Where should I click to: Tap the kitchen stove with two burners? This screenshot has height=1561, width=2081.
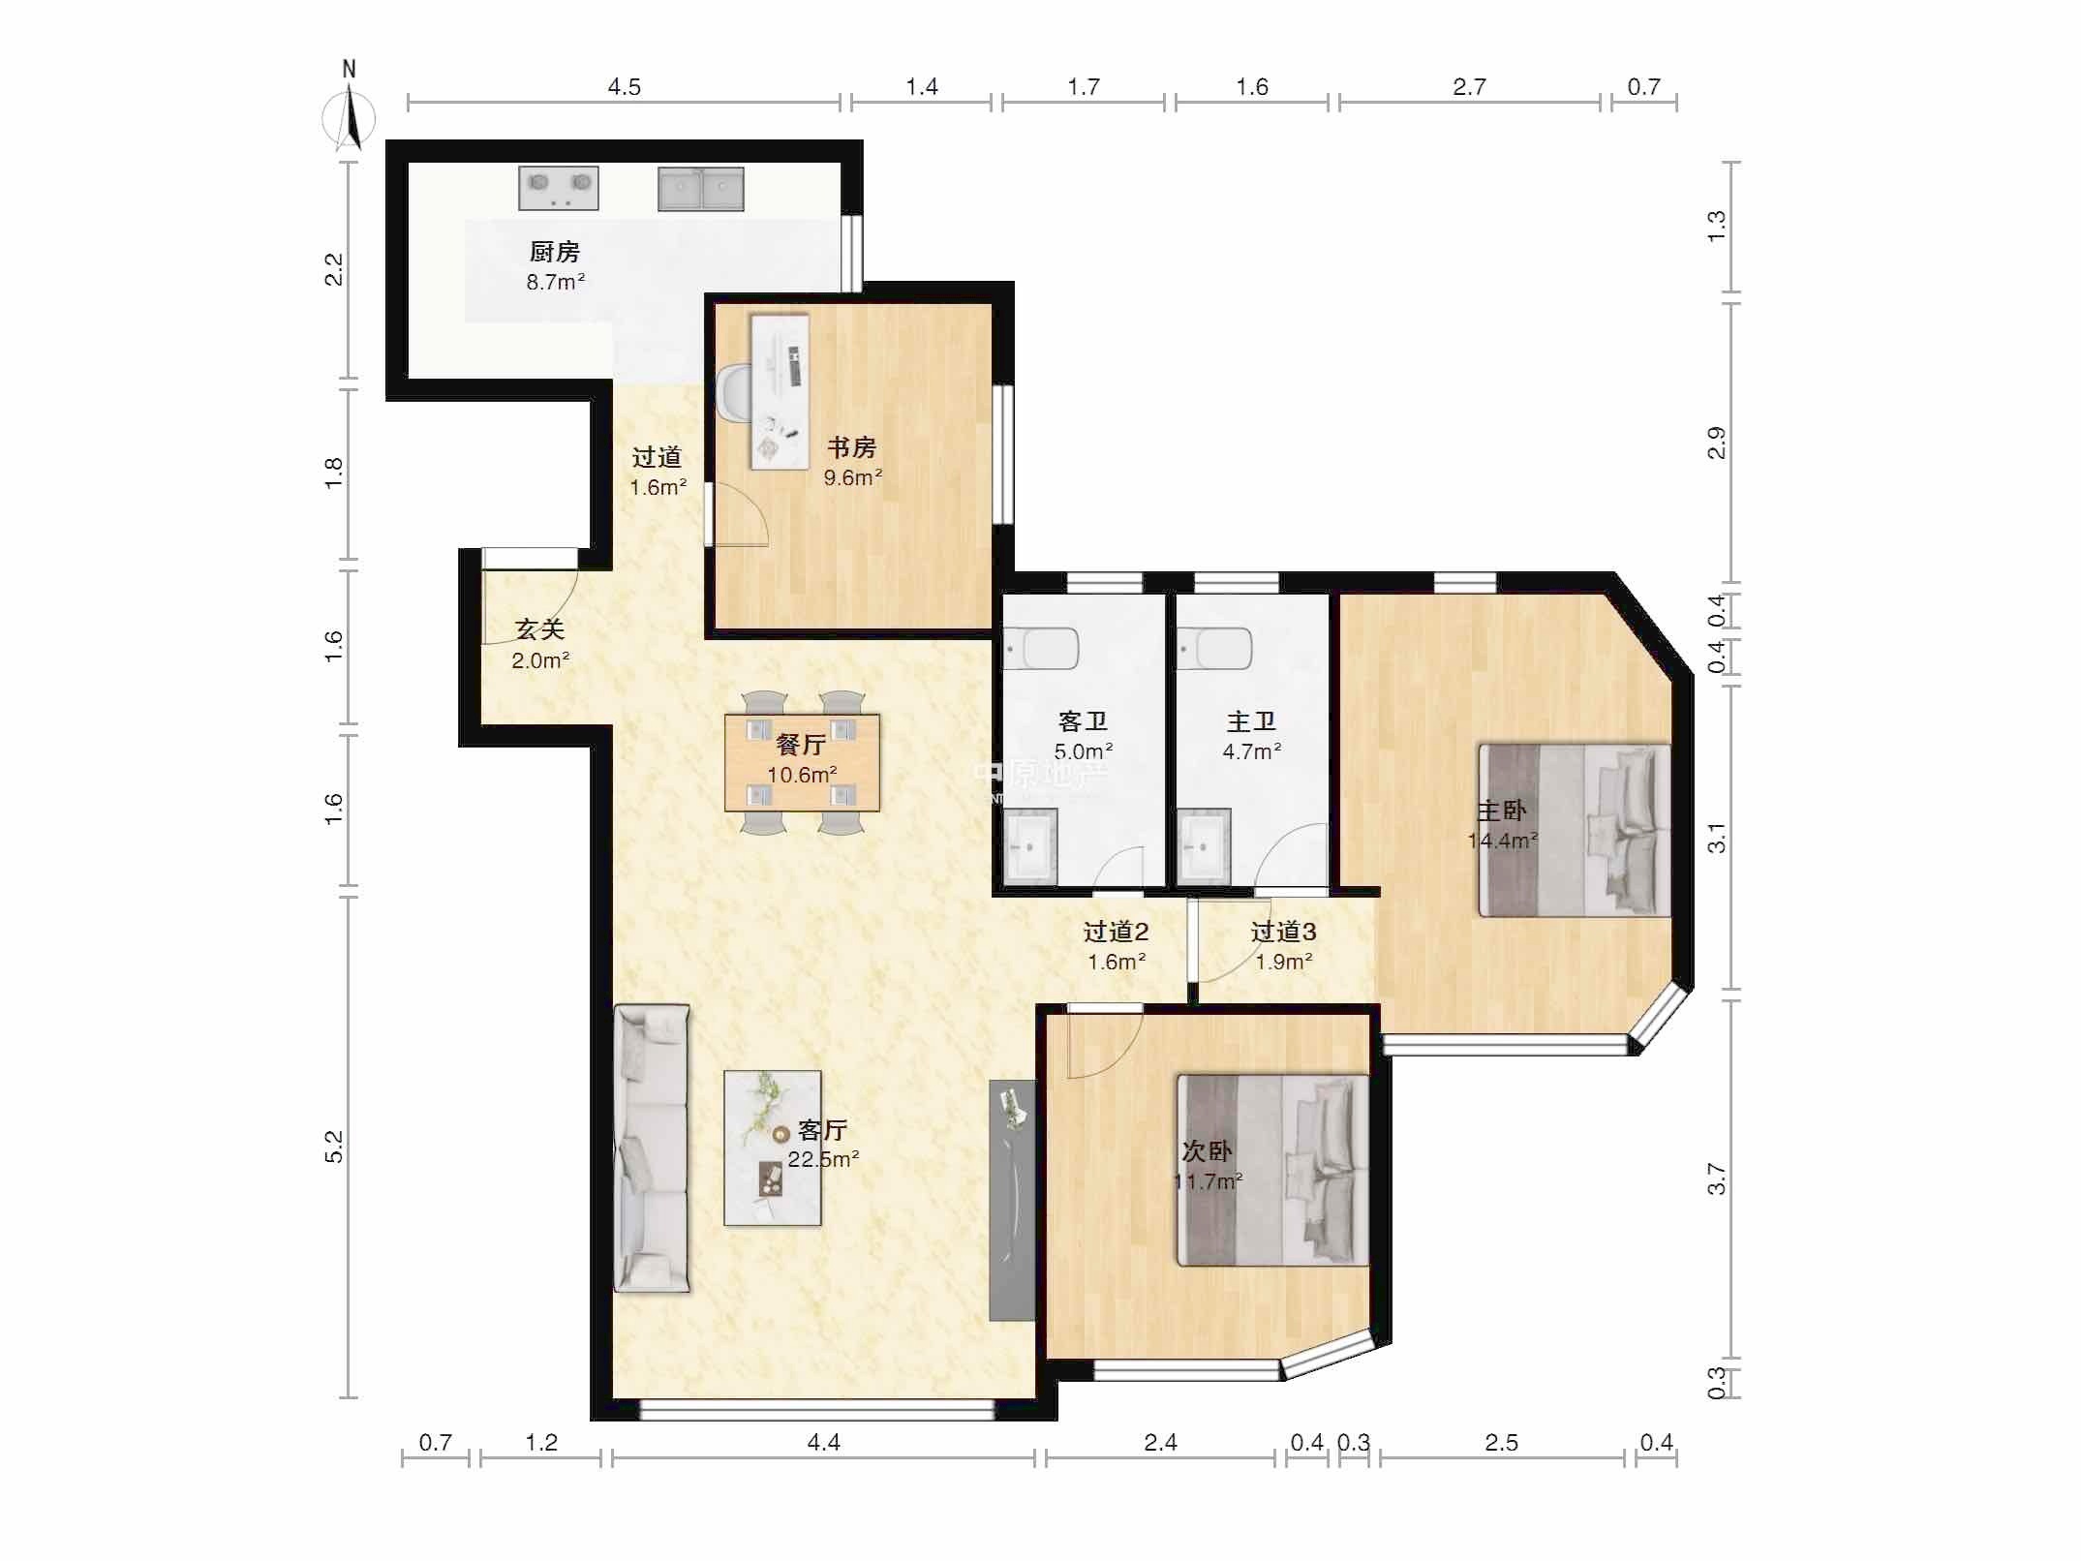click(x=559, y=188)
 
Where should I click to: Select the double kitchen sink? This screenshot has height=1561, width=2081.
click(x=701, y=189)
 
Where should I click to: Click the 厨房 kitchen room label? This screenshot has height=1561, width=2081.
click(x=555, y=252)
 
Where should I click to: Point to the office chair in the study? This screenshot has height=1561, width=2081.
click(x=733, y=394)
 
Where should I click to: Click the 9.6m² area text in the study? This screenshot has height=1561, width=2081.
click(x=853, y=477)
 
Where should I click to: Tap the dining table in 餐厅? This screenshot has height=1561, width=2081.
click(x=802, y=762)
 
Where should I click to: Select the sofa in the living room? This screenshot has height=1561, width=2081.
click(x=652, y=1148)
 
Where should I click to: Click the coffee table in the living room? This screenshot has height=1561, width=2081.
click(x=773, y=1148)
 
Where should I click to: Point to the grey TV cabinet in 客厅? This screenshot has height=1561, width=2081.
click(x=1011, y=1200)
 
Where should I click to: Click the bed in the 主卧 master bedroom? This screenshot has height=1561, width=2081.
click(x=1575, y=830)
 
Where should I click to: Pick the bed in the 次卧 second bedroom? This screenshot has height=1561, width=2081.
click(x=1272, y=1170)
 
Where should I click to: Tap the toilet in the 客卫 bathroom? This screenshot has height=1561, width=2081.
click(x=1040, y=648)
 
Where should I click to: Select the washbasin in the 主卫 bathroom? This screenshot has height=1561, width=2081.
click(x=1204, y=845)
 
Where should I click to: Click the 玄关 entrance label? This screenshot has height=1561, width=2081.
click(x=539, y=629)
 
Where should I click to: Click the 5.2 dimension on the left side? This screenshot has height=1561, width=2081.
click(x=333, y=1148)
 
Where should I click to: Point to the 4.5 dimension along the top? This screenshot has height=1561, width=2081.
click(x=624, y=87)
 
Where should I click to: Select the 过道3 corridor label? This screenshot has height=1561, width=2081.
click(x=1283, y=932)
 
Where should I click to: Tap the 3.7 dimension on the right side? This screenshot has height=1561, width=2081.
click(x=1716, y=1179)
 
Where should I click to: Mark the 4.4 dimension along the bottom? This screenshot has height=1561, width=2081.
click(x=823, y=1443)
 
